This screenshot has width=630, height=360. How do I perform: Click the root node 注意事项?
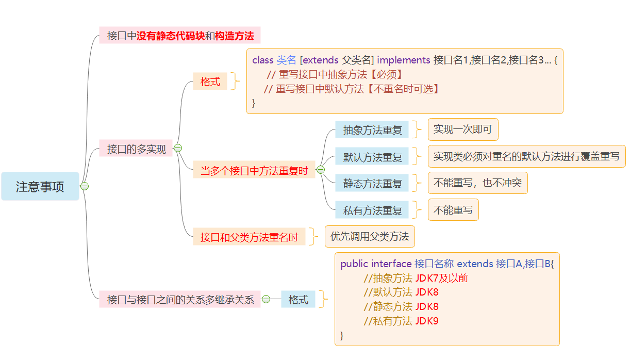40,186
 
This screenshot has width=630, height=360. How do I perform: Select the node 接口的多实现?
136,149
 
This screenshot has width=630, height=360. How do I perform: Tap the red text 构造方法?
235,36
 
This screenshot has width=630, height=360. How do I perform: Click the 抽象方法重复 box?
372,130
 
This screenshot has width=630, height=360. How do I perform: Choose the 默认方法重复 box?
372,157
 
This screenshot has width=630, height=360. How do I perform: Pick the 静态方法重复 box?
372,183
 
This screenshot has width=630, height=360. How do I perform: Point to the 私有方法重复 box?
372,210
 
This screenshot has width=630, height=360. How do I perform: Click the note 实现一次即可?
462,129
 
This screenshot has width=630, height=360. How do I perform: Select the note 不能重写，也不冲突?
477,183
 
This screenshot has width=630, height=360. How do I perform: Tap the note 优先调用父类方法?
369,237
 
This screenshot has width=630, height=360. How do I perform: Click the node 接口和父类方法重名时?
249,237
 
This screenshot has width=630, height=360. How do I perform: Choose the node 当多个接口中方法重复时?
254,171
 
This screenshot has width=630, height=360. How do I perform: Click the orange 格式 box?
210,81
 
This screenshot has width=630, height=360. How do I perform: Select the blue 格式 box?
298,299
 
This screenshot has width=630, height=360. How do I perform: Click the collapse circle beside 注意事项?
85,186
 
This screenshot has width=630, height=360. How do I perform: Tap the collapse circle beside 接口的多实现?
178,148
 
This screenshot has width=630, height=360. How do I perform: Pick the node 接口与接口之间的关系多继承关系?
180,299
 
